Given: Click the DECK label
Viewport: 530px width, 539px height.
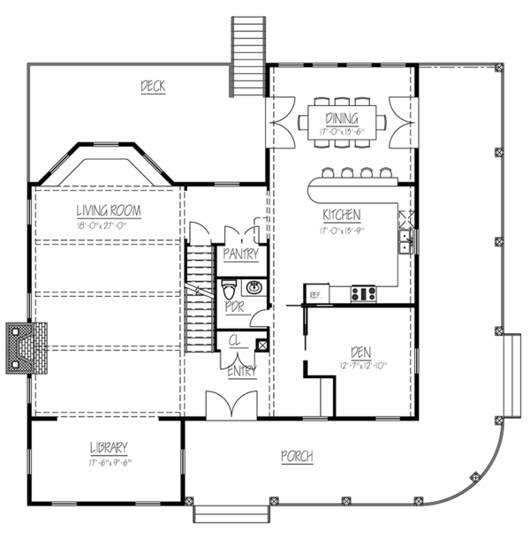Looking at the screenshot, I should point(154,86).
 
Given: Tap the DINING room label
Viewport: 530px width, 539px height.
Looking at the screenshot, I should point(341,118).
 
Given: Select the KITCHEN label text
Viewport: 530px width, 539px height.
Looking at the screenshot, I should point(341,214).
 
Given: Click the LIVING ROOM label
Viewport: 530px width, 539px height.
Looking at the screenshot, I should point(109,210).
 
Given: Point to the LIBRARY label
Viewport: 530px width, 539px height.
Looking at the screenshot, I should point(109,446).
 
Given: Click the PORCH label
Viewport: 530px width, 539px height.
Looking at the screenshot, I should point(297,456).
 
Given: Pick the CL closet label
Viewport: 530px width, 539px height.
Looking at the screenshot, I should point(236,339).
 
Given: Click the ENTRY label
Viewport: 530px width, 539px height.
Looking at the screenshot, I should point(242,372).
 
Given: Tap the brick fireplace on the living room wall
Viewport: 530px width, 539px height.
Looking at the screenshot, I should point(26,347).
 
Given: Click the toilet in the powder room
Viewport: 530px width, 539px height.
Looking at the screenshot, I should point(228,289).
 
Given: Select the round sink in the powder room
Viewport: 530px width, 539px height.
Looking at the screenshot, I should point(254,287).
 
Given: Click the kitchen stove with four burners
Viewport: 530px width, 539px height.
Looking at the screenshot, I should point(364,293).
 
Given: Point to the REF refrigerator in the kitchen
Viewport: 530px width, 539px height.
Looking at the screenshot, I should point(314,294).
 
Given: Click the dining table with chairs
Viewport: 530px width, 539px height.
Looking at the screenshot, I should point(341,118).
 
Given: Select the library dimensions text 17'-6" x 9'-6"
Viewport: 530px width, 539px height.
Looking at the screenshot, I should point(109,460).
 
